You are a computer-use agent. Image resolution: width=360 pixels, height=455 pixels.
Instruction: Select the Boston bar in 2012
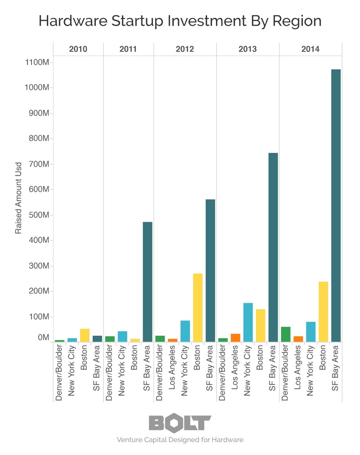coord(198,308)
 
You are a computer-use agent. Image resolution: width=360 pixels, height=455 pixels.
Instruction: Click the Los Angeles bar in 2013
coord(235,338)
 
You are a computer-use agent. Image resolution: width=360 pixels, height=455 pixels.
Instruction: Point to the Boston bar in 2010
coord(85,335)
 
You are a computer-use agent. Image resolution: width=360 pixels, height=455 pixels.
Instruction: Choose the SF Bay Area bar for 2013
coord(273,248)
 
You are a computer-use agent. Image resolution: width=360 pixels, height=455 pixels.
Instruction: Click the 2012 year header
coord(185,50)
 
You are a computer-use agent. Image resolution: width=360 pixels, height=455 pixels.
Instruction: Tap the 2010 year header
coord(78,50)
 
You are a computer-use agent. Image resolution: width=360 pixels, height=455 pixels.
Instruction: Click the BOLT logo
coord(180,423)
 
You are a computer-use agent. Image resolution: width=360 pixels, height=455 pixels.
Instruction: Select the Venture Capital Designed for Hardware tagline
coord(180,440)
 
